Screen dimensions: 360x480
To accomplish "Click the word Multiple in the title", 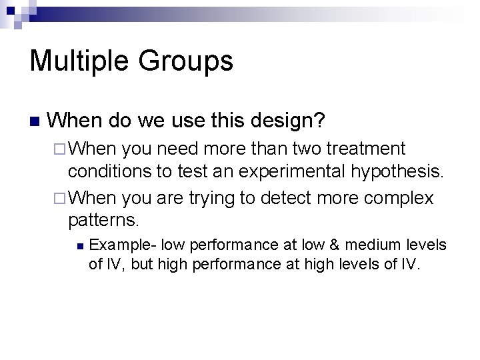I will tap(79, 61).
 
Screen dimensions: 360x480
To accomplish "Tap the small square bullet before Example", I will tap(78, 246).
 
